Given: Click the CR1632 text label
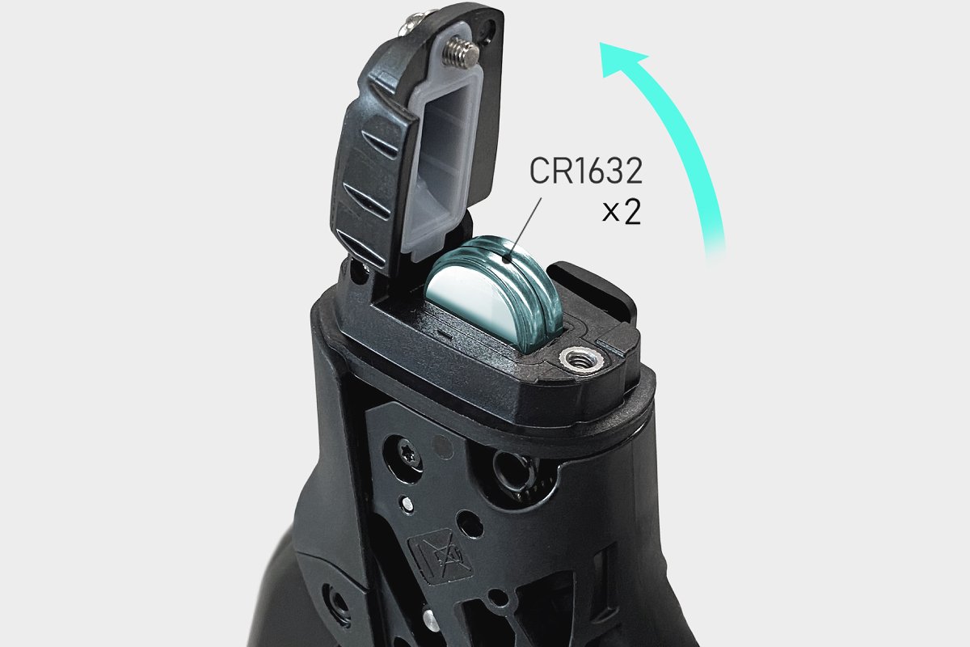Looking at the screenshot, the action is [586, 171].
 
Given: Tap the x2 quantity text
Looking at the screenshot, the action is [622, 213].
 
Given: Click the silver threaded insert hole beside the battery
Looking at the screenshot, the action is [580, 359].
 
